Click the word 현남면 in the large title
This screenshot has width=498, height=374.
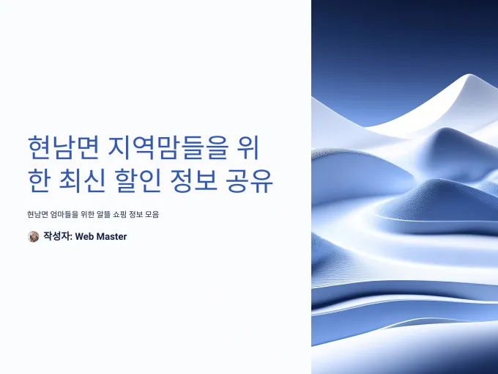click(x=63, y=149)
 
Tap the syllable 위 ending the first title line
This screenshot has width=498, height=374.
click(x=248, y=149)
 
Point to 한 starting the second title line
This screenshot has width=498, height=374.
click(x=39, y=180)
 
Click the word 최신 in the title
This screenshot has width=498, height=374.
click(x=81, y=180)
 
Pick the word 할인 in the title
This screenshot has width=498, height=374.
click(x=137, y=180)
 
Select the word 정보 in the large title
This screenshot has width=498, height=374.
click(x=193, y=180)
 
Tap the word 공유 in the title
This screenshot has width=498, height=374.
click(x=250, y=180)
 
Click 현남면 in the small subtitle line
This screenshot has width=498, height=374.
click(x=37, y=214)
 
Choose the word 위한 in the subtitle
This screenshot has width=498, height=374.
click(x=87, y=214)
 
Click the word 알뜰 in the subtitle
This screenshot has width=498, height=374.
click(x=103, y=214)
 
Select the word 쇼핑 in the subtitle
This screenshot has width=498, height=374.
click(x=119, y=214)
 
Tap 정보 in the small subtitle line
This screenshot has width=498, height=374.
click(x=136, y=214)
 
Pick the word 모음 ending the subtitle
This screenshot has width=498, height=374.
click(x=152, y=214)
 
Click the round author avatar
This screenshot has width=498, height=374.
click(x=34, y=236)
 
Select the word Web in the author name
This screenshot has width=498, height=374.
click(x=84, y=237)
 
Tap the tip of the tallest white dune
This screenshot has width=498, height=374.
click(x=469, y=74)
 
